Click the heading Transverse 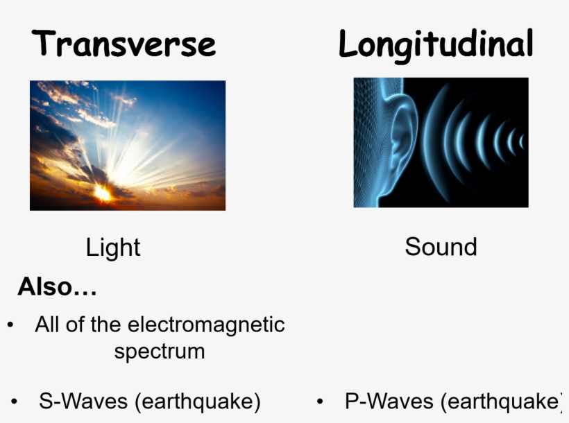(x=124, y=44)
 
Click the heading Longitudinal (x=436, y=44)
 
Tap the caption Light (x=113, y=248)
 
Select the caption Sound (x=441, y=247)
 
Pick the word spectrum (x=160, y=351)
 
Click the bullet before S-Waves (x=15, y=402)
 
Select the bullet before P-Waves (x=320, y=402)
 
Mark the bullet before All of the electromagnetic (x=10, y=325)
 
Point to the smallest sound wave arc (x=521, y=142)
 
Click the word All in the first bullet (x=47, y=325)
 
